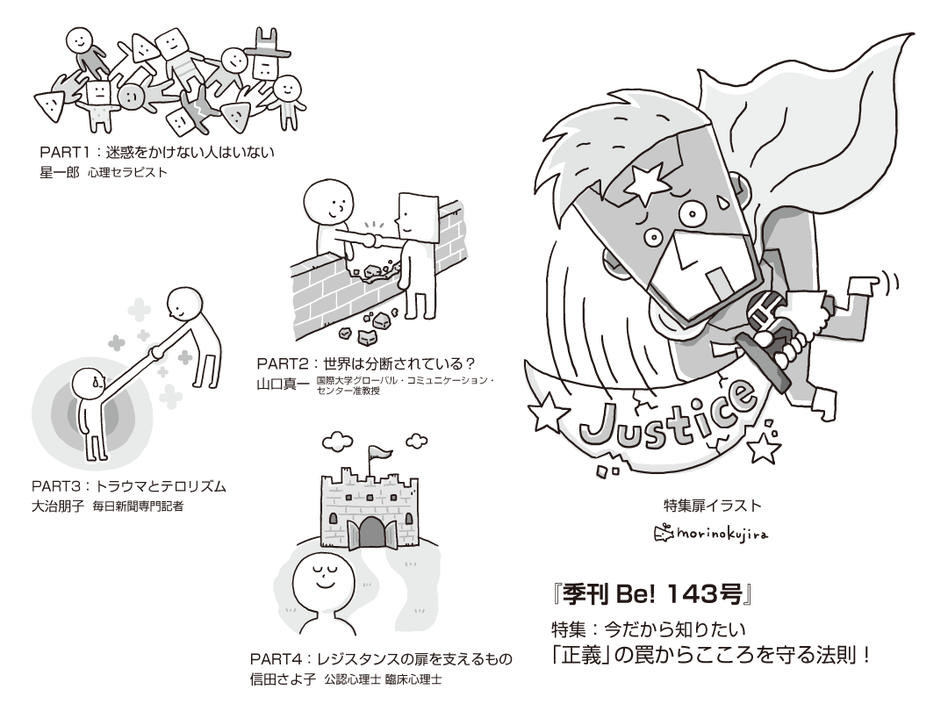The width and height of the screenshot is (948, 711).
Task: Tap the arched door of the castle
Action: point(372,532)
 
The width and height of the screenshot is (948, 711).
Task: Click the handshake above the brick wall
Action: point(372,237)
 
